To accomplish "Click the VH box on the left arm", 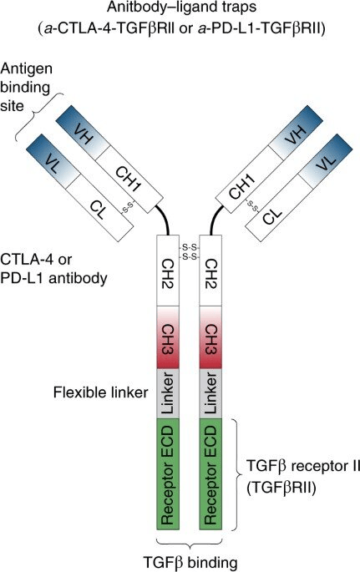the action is [83, 134].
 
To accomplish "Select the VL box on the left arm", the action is [53, 162].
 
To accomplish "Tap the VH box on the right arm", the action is [296, 134].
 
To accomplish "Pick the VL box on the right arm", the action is [326, 162].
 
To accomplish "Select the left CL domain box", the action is [99, 208].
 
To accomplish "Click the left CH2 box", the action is [167, 271].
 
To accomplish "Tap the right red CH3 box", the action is [210, 337].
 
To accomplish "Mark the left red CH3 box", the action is [167, 337].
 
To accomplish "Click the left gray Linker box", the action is [167, 393].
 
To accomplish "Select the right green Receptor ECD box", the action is [210, 473].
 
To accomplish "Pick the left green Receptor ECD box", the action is [167, 473].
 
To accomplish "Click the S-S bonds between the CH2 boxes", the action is [189, 252].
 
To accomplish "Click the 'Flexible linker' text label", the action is [101, 392].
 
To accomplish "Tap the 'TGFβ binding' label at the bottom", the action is [190, 562].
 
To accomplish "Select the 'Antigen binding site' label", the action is [26, 88].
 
